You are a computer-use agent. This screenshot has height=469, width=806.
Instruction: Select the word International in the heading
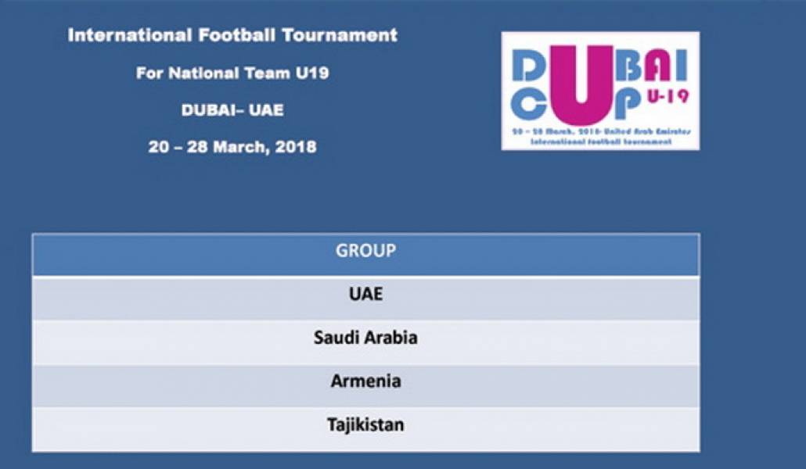(x=126, y=35)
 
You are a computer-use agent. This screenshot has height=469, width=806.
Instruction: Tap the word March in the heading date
(x=239, y=147)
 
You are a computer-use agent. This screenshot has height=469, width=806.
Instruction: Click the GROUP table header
(x=365, y=252)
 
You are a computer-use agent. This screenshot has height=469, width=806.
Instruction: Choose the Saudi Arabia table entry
(x=365, y=338)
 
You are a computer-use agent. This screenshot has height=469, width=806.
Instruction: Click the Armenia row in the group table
(x=365, y=381)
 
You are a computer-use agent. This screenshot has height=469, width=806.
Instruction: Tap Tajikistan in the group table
(x=365, y=425)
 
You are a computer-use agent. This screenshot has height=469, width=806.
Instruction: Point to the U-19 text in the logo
(x=667, y=96)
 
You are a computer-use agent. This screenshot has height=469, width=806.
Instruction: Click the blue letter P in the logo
(x=630, y=105)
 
